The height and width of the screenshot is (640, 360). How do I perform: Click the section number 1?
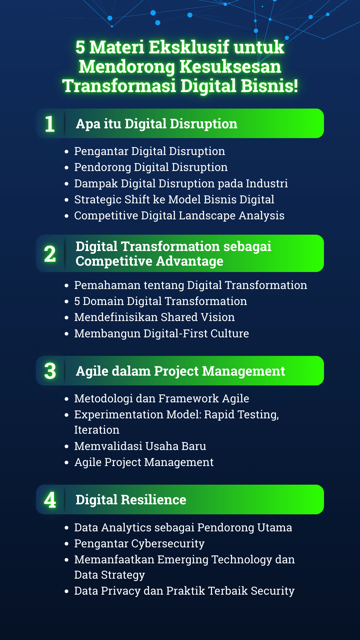pos(50,124)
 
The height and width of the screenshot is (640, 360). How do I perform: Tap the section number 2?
pos(50,254)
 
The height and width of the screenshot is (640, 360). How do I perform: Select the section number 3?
pos(50,371)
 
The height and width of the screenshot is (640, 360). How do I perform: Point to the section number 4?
pos(50,500)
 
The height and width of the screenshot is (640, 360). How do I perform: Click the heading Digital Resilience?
pos(131,500)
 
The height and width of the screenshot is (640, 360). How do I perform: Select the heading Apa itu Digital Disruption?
pos(157,124)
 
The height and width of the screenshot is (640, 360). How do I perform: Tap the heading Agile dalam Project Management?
pos(180,371)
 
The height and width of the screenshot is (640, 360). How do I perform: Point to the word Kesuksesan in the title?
pos(230,66)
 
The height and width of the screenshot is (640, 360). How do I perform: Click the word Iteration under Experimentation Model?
pos(97,430)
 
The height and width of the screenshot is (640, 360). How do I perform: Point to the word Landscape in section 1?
pos(207,216)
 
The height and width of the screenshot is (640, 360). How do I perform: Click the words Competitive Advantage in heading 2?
pos(149,261)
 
